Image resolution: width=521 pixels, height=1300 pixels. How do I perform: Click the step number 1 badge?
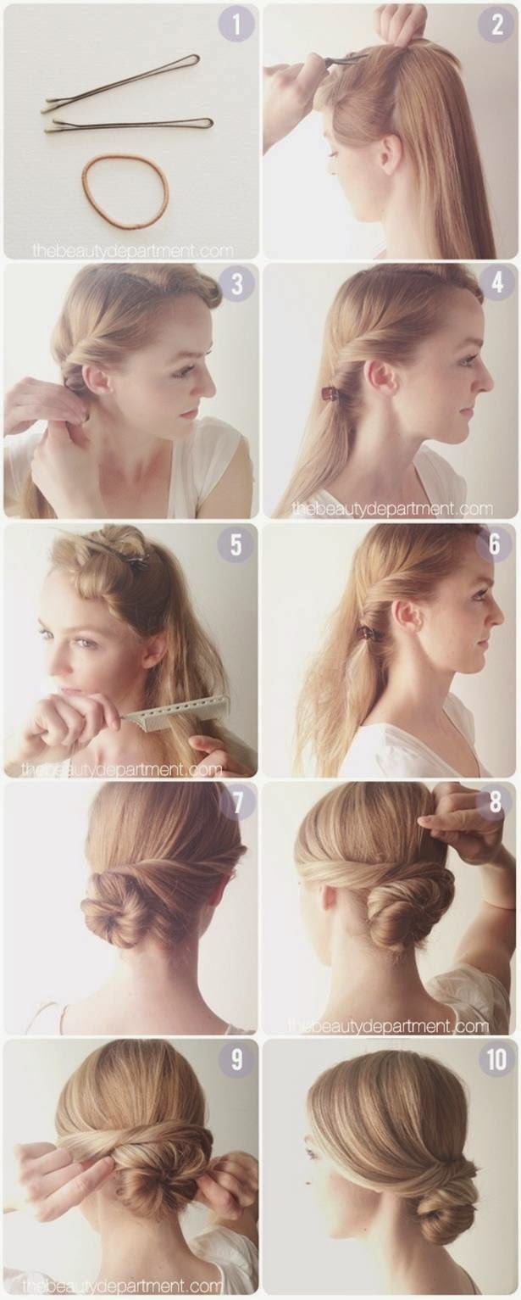(x=236, y=25)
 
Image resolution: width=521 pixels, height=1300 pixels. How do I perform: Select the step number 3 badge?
(x=236, y=285)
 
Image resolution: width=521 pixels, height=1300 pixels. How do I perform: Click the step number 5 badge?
(x=236, y=544)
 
